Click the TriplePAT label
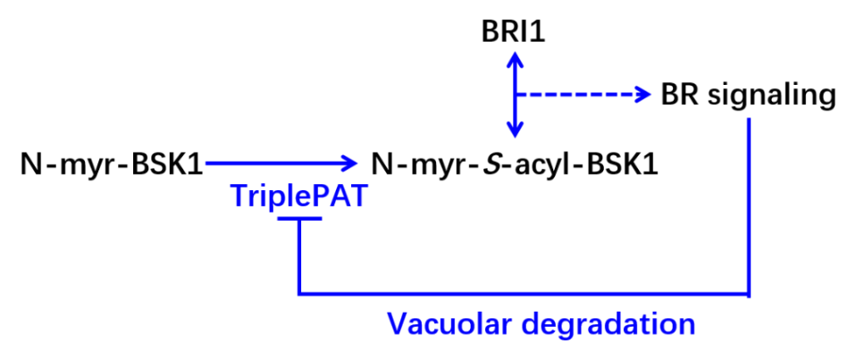(x=298, y=196)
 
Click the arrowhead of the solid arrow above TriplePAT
(x=351, y=163)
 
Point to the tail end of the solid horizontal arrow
(x=206, y=163)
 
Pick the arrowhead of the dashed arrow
(x=644, y=95)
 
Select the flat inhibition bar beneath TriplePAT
(x=299, y=218)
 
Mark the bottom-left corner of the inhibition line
(x=299, y=293)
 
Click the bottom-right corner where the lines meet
(x=749, y=293)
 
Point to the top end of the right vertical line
(x=749, y=119)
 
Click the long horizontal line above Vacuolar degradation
(x=524, y=293)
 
